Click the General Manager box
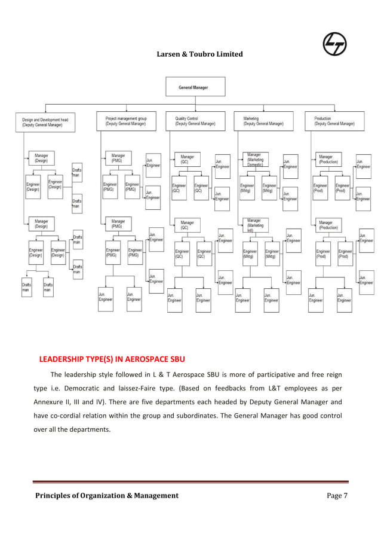pos(193,88)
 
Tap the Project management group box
pos(126,121)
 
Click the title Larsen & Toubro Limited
pos(199,54)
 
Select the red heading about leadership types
pos(112,359)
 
